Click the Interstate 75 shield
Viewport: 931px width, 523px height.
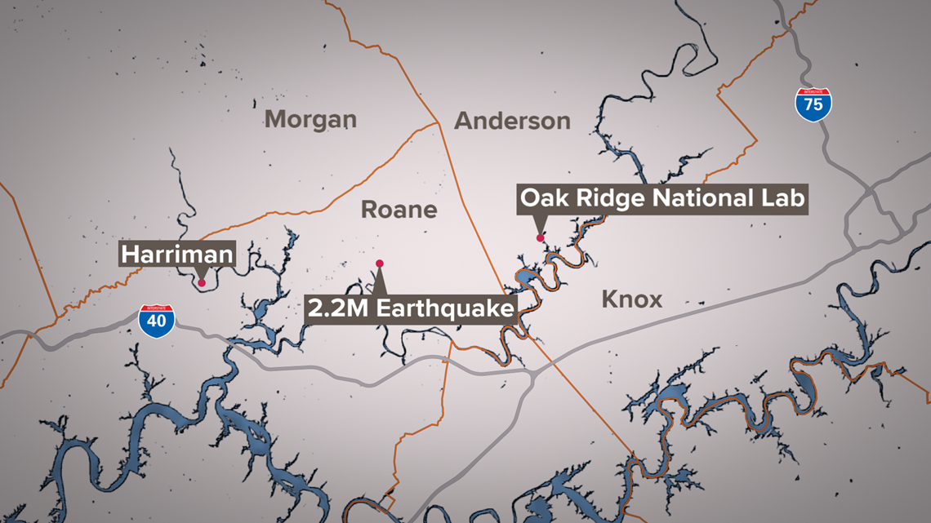[x=813, y=104]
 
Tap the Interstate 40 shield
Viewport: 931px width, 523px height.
[x=156, y=320]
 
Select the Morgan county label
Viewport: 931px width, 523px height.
[x=310, y=120]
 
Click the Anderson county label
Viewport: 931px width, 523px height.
[x=512, y=121]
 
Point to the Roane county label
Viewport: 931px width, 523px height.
[x=399, y=210]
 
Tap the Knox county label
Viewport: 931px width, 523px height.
[x=631, y=299]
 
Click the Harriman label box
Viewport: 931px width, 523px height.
[x=177, y=255]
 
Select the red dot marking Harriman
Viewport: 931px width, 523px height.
[x=201, y=282]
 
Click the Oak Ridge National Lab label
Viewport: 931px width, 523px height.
[x=662, y=198]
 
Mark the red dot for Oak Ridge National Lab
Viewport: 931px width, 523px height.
[x=540, y=237]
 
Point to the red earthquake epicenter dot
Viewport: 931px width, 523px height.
[x=380, y=263]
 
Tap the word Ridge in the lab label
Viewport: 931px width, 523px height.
[x=600, y=198]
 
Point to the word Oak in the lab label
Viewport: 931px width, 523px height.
[x=542, y=198]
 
